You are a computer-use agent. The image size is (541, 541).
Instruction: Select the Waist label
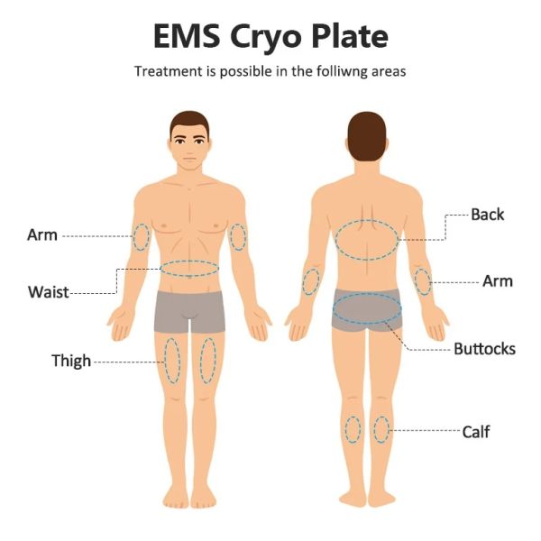click(x=49, y=292)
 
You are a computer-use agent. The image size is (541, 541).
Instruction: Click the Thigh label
click(x=71, y=362)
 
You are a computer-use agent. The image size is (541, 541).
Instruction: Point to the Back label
click(x=488, y=215)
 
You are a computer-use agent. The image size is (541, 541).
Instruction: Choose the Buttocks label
click(x=484, y=349)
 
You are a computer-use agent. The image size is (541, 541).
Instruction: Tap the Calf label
click(x=476, y=432)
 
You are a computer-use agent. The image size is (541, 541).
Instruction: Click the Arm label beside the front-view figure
click(x=42, y=235)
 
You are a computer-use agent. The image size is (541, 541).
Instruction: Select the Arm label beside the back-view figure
click(x=498, y=281)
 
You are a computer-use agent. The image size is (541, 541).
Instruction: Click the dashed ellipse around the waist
click(x=189, y=261)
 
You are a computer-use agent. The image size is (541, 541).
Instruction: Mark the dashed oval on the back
click(x=367, y=220)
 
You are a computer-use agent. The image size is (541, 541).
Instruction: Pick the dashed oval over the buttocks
click(x=367, y=293)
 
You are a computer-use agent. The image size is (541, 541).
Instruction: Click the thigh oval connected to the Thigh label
click(x=165, y=361)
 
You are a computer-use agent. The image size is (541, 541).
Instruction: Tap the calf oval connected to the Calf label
click(x=389, y=430)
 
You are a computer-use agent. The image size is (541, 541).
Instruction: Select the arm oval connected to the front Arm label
click(x=133, y=237)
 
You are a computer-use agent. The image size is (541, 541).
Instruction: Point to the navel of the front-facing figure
click(x=189, y=276)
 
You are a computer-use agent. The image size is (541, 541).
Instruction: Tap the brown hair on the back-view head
click(x=367, y=136)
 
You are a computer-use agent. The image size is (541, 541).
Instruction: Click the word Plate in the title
click(x=350, y=36)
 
